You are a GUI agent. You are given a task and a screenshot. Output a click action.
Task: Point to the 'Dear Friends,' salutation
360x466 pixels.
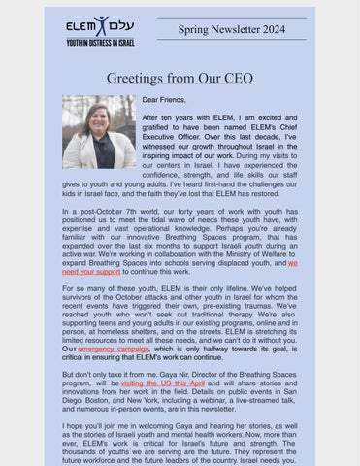[164, 100]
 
